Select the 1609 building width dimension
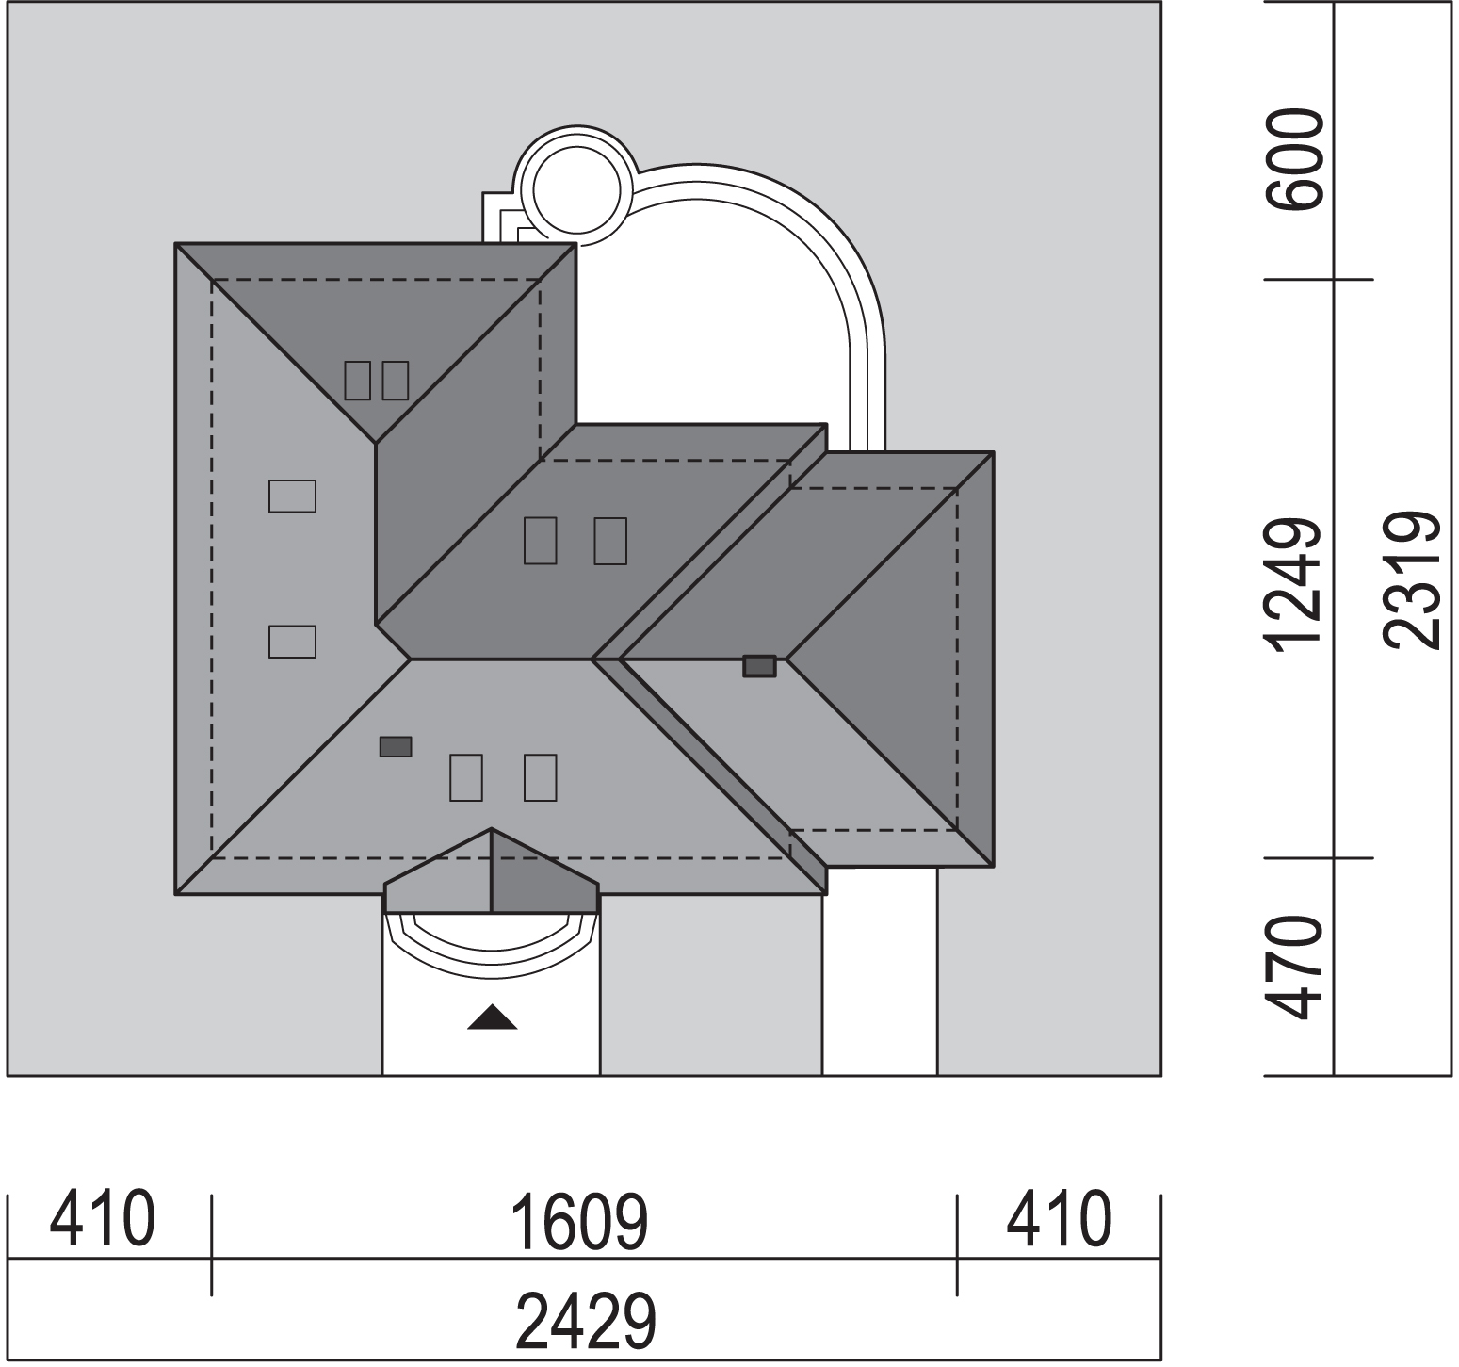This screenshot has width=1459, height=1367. point(578,1221)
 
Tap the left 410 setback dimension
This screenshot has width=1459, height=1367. point(102,1219)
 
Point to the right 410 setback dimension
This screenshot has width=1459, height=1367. point(1059,1219)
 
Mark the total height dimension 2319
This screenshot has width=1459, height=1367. point(1412,580)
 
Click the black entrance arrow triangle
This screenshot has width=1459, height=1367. point(493,1017)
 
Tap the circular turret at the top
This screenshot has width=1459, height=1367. point(575,187)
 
